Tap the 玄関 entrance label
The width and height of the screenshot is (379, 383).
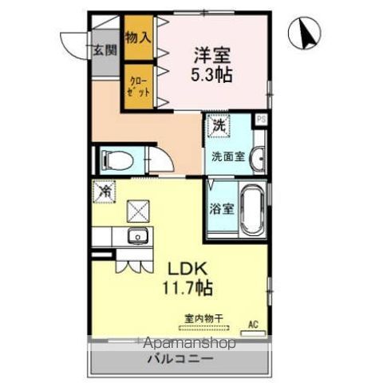(x=104, y=50)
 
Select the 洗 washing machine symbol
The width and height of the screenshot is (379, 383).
(x=218, y=126)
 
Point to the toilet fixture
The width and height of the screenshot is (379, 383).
(x=115, y=160)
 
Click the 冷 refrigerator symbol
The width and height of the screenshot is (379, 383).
(x=105, y=191)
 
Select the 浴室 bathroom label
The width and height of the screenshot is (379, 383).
(x=221, y=209)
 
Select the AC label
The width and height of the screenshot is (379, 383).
(x=253, y=324)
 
